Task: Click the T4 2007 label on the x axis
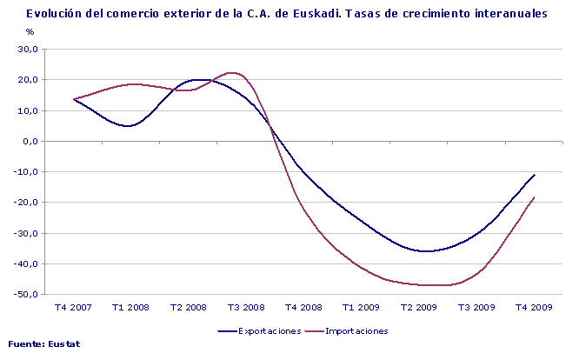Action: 73,307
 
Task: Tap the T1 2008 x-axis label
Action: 130,307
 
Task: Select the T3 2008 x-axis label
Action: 245,307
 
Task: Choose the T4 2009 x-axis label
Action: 533,307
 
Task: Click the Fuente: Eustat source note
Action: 44,344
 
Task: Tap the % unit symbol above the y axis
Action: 30,32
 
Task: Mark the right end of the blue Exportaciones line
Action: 534,175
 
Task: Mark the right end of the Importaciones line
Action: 534,197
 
